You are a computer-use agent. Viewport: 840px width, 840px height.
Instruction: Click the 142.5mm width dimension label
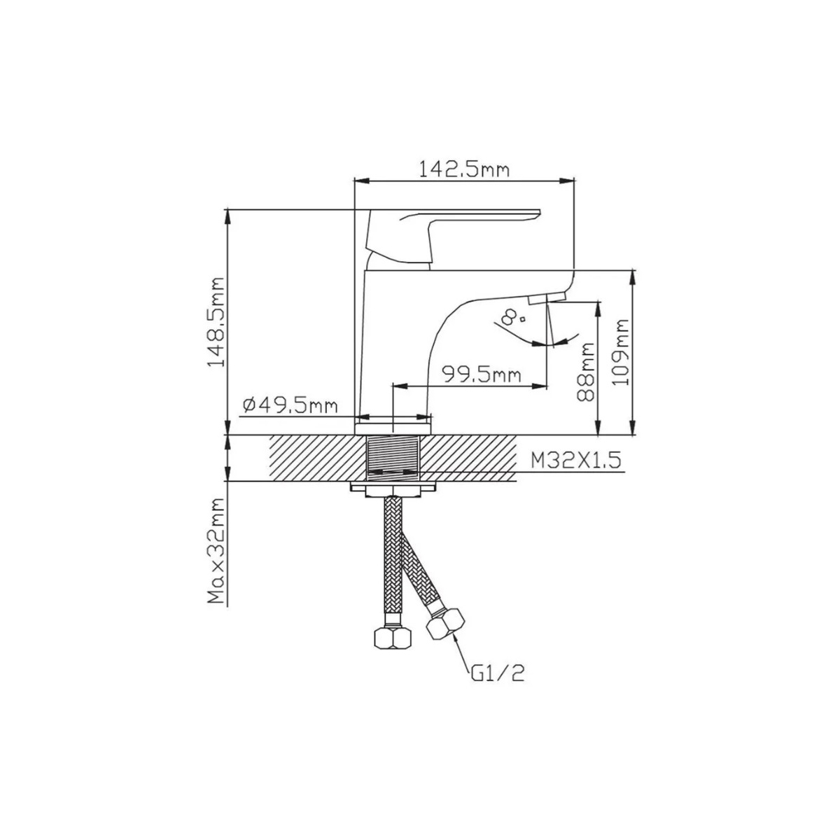(x=464, y=169)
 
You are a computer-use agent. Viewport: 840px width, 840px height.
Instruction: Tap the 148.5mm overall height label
(x=216, y=322)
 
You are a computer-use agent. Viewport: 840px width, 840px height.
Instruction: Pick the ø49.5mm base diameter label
(x=290, y=406)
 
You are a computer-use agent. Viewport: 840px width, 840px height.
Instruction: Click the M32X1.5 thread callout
(x=576, y=460)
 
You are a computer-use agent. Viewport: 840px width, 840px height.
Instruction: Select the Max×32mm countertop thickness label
(x=216, y=551)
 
